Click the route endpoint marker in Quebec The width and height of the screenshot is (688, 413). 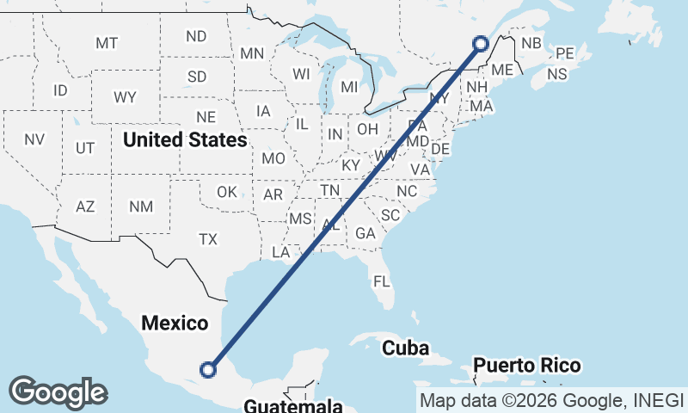481,43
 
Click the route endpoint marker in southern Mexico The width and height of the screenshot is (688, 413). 207,369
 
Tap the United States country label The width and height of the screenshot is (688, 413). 185,139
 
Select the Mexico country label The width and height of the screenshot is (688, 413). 175,324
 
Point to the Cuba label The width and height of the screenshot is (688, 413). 406,348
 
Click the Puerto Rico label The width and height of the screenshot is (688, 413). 526,365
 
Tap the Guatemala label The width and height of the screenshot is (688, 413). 293,405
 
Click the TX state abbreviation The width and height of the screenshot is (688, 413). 208,239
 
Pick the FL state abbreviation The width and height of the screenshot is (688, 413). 381,281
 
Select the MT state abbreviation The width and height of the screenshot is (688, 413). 107,43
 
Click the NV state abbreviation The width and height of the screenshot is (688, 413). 34,139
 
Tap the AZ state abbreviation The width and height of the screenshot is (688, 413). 85,206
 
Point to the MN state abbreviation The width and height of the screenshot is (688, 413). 252,53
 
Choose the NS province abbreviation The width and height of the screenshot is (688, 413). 557,74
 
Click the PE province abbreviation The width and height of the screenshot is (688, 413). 565,53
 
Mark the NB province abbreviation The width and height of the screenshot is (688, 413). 531,44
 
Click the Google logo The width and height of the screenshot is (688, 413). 58,392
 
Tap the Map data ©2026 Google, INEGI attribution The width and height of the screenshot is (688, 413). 551,400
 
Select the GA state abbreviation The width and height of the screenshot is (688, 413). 365,233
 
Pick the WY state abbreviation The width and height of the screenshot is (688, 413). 125,97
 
